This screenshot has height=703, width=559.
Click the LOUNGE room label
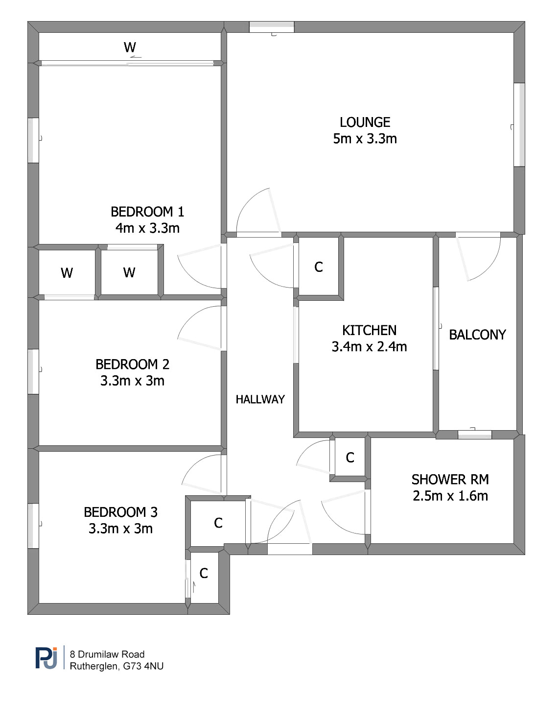tap(365, 122)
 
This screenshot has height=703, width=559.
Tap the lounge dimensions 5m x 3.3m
tap(365, 139)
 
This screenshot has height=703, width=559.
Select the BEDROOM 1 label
tap(147, 212)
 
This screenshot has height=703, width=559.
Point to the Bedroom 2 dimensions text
tap(132, 381)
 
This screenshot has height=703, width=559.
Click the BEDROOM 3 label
tap(120, 512)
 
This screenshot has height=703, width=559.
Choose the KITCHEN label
tap(369, 330)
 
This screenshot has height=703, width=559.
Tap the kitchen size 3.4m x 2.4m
tap(369, 346)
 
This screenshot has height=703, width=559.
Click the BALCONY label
tap(477, 335)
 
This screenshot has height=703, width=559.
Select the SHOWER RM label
tap(450, 480)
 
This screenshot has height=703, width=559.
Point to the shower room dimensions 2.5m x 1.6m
tap(450, 496)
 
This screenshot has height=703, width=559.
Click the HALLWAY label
tap(260, 399)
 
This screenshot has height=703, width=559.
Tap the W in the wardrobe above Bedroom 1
tap(130, 48)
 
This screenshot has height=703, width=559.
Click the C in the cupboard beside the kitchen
tap(319, 267)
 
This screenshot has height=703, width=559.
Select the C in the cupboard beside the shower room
tap(350, 458)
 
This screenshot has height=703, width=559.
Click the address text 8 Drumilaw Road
tap(107, 654)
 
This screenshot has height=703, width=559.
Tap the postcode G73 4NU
tap(143, 666)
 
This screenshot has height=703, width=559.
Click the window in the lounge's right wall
tap(519, 125)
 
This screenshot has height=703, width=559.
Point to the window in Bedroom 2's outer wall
tap(33, 371)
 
